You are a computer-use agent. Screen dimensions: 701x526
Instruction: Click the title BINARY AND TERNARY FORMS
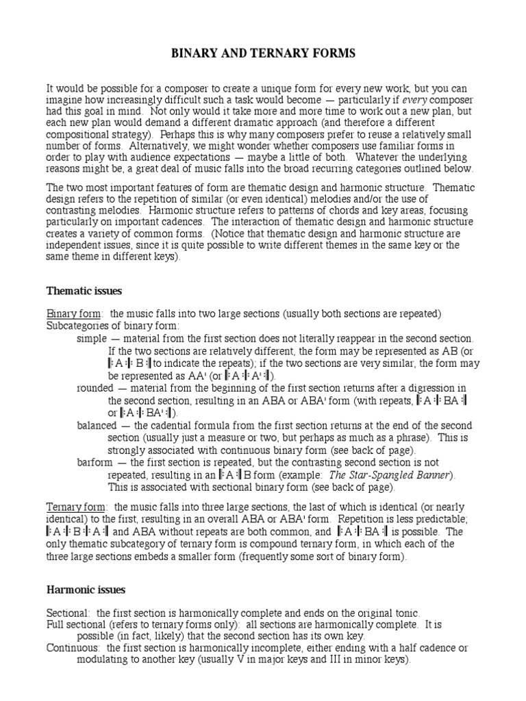pos(263,54)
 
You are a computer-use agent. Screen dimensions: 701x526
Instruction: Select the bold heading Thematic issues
pos(84,291)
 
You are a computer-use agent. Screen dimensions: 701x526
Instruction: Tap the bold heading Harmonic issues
pos(86,589)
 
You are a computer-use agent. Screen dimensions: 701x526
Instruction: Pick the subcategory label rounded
pos(96,388)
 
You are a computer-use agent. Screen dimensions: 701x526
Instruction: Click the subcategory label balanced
pos(98,425)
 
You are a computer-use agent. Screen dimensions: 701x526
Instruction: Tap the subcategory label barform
pos(97,463)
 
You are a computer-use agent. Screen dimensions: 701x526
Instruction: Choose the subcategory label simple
pos(92,338)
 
